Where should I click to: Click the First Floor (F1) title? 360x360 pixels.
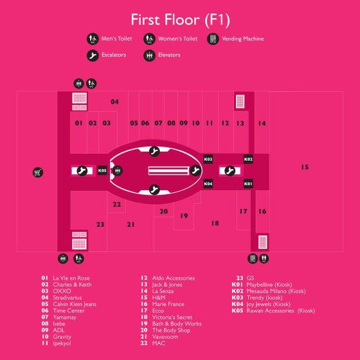click(180, 20)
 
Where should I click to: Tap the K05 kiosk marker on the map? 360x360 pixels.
click(102, 170)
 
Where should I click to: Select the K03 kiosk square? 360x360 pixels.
click(208, 159)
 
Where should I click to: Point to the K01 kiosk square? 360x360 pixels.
click(248, 184)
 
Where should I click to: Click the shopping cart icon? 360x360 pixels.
click(38, 172)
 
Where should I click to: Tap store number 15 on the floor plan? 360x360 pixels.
click(305, 167)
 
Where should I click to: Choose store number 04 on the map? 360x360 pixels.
click(114, 102)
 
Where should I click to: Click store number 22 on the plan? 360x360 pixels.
click(117, 204)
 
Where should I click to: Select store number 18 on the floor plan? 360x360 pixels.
click(215, 223)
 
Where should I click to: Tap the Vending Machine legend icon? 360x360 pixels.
click(213, 39)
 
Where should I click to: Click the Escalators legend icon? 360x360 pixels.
click(93, 55)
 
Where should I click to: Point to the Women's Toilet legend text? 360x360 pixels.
click(177, 39)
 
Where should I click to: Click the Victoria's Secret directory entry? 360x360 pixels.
click(172, 318)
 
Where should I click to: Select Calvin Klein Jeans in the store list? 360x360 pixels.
click(75, 304)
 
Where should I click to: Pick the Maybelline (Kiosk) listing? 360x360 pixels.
click(269, 285)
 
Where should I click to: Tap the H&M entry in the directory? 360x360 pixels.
click(159, 298)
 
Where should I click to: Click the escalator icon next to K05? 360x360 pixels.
click(82, 170)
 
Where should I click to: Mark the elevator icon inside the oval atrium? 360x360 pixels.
click(118, 170)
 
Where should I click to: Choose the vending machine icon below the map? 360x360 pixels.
click(253, 258)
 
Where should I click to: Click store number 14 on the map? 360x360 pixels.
click(262, 123)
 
